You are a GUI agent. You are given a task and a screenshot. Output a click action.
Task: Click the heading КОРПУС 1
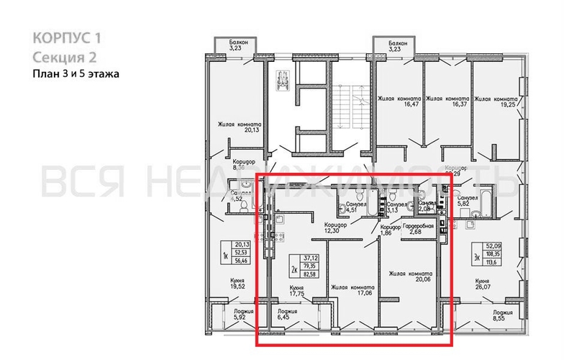[x=63, y=37]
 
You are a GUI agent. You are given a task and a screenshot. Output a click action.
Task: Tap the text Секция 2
[x=64, y=57]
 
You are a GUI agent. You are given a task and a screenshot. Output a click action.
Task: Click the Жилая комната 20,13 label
[x=240, y=127]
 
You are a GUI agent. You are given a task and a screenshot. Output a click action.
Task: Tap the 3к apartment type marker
[x=476, y=256]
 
